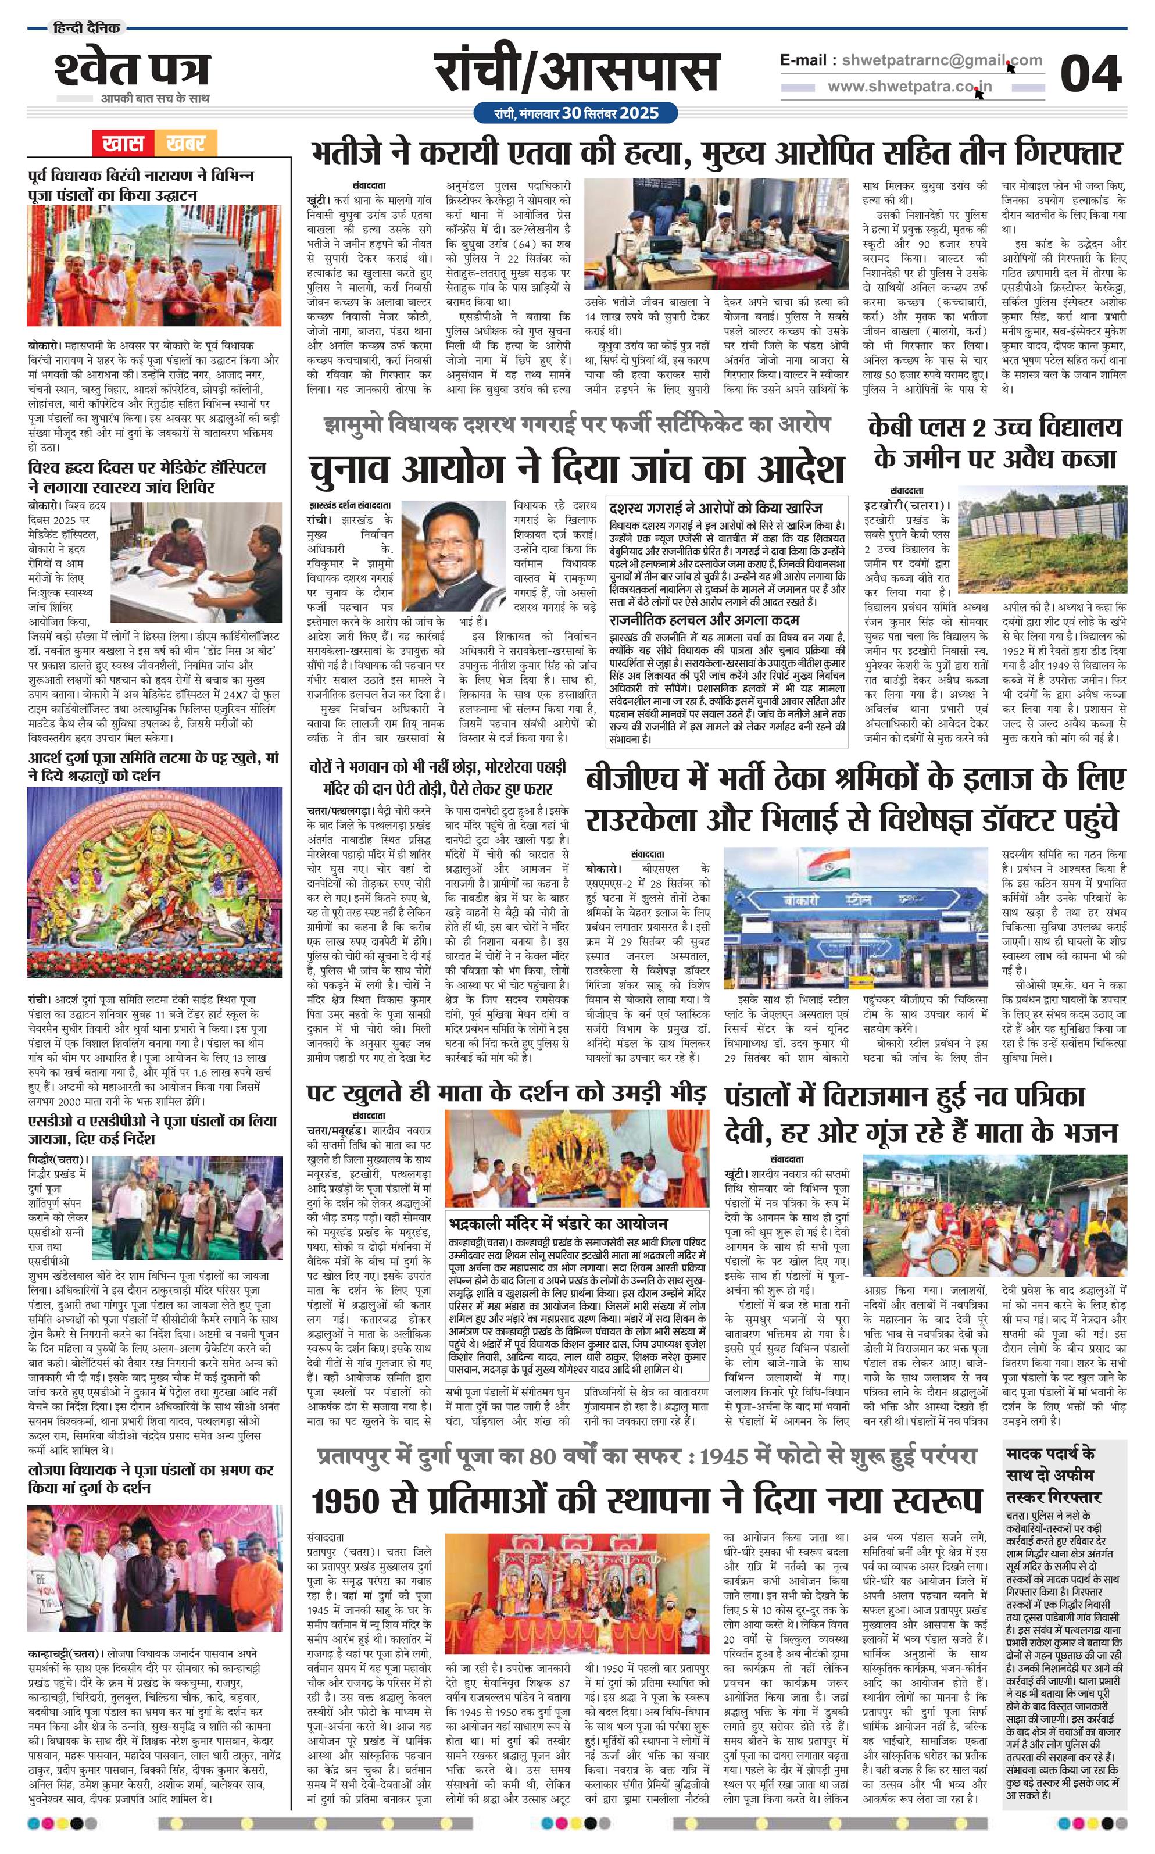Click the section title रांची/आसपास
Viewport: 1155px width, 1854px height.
point(577,73)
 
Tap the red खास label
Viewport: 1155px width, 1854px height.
point(124,143)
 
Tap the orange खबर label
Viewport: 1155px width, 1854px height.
point(185,143)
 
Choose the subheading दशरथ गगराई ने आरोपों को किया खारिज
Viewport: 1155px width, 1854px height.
point(717,509)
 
